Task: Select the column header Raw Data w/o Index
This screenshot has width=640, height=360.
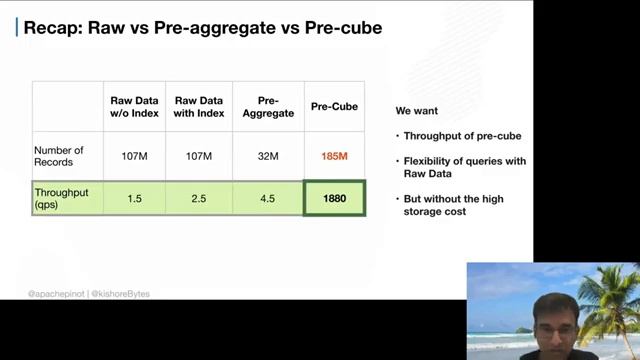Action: click(135, 107)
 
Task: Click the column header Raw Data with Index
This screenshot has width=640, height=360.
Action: click(199, 107)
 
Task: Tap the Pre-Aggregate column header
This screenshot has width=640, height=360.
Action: click(267, 107)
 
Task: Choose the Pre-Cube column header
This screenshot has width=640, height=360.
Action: click(334, 107)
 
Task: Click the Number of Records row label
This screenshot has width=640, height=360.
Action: click(59, 156)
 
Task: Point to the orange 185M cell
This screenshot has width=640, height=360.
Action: click(334, 156)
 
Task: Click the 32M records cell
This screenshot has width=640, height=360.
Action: click(267, 156)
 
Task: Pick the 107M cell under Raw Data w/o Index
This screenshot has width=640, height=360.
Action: click(135, 156)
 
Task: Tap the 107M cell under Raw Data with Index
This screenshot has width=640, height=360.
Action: click(199, 156)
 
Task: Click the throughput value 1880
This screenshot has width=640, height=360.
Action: click(334, 198)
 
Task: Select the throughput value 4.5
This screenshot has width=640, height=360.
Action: click(267, 198)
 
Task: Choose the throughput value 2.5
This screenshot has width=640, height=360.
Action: click(199, 198)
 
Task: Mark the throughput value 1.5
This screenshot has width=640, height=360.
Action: click(135, 198)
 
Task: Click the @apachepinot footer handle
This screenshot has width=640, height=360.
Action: click(57, 294)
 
